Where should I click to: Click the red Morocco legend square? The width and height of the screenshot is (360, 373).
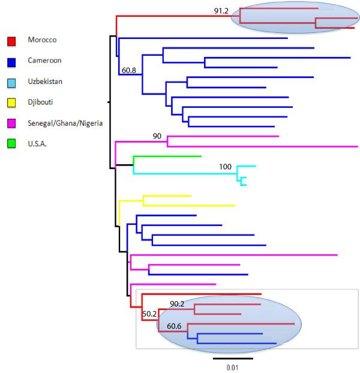click(x=11, y=40)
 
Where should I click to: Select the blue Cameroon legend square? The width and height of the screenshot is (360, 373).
click(x=11, y=61)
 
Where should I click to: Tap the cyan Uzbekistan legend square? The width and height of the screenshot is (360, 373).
click(x=11, y=82)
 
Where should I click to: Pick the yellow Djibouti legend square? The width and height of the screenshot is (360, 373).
click(x=11, y=103)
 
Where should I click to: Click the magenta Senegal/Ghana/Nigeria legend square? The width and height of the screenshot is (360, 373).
click(x=11, y=124)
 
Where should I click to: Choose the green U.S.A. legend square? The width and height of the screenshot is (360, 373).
click(x=11, y=144)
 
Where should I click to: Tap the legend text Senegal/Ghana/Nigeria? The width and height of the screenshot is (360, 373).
click(x=65, y=124)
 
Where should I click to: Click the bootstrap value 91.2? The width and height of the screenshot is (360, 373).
click(x=223, y=10)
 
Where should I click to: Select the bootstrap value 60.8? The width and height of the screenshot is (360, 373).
click(x=128, y=70)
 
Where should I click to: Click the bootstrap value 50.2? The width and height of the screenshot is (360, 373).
click(x=149, y=313)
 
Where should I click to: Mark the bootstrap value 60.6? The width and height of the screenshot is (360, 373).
click(x=175, y=326)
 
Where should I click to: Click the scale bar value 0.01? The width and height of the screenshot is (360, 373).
click(x=232, y=367)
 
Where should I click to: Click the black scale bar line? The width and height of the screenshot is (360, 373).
click(x=233, y=359)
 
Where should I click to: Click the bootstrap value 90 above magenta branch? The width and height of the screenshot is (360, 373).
click(x=157, y=136)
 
